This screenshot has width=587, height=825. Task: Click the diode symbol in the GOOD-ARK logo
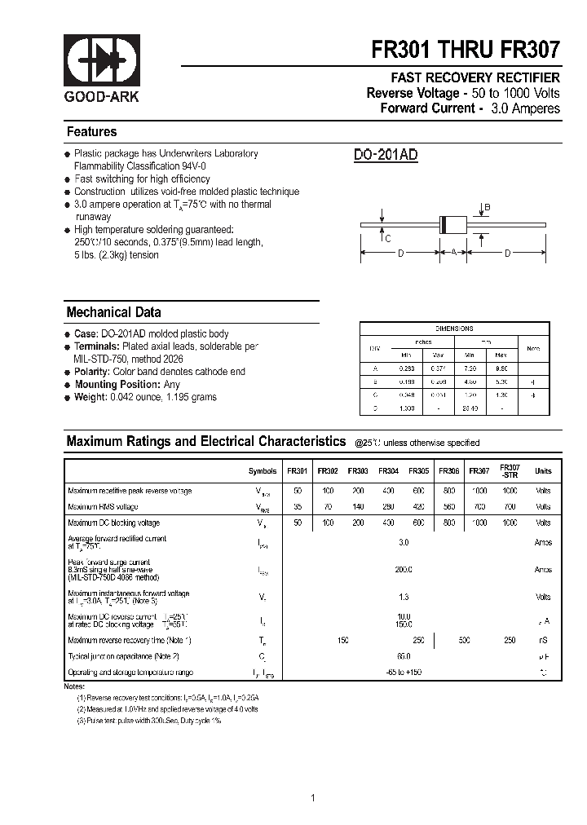[x=102, y=62]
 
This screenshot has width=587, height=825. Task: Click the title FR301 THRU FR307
[x=466, y=50]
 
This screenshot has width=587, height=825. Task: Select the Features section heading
[x=91, y=132]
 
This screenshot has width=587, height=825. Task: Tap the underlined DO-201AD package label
[x=386, y=155]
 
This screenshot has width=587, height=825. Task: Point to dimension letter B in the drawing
[x=488, y=208]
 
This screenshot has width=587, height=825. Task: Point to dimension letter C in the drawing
[x=387, y=238]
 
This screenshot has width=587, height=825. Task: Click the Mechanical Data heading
[x=113, y=312]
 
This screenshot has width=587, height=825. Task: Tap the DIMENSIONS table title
[x=454, y=329]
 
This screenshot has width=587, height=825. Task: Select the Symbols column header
[x=263, y=471]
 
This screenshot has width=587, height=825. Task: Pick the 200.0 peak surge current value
[x=404, y=570]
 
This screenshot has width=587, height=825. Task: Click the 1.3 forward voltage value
[x=404, y=598]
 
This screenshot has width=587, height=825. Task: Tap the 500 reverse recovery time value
[x=464, y=641]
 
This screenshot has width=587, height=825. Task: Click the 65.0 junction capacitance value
[x=404, y=656]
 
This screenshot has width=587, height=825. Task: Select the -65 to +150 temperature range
[x=404, y=673]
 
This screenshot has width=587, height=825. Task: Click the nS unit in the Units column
[x=543, y=641]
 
